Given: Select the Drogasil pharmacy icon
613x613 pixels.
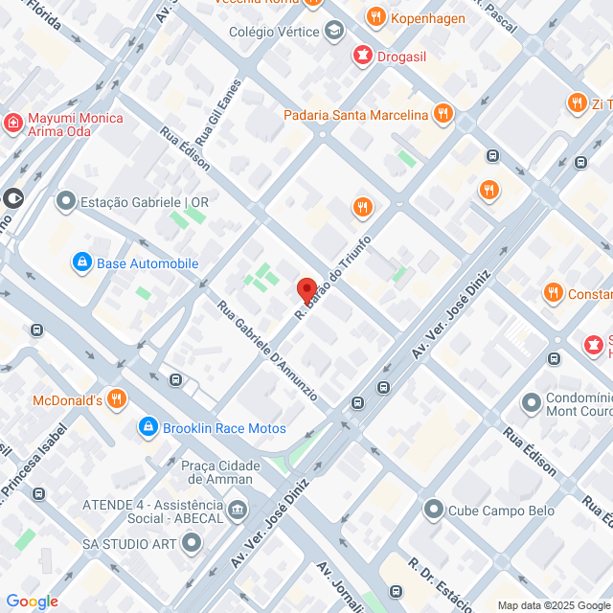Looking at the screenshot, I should coord(362,55).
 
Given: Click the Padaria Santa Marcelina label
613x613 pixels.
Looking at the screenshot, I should coord(355,116).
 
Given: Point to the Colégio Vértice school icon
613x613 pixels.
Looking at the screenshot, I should coord(333,32).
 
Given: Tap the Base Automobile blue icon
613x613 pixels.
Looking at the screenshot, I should coord(82,262).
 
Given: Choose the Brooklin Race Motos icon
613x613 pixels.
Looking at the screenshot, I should coord(148,427).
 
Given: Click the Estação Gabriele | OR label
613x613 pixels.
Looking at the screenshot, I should coord(145,202).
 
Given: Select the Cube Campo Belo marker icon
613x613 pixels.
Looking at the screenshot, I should coord(433,510).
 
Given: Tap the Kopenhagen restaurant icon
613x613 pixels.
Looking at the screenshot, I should coord(375,17).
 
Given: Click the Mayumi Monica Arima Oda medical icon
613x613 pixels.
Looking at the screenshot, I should coord(12,124).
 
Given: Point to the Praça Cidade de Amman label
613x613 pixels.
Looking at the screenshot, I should coord(220,471).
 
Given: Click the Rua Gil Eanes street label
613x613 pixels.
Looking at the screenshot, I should coord(217,108).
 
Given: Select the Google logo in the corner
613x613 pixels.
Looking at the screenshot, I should coord(32,601).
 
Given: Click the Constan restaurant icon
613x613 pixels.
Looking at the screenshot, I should coord(553,293).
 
